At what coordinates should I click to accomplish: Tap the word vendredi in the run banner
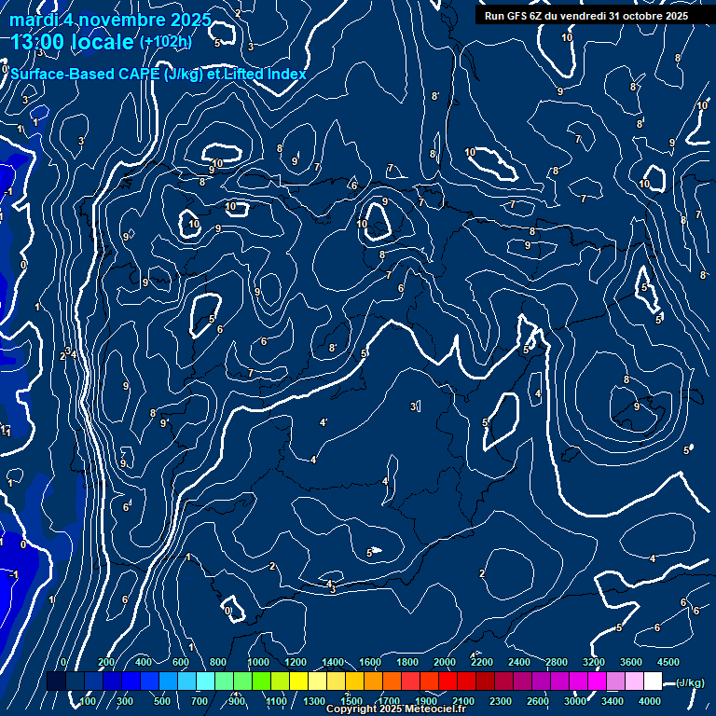(584, 16)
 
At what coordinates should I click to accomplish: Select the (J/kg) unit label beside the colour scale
(689, 683)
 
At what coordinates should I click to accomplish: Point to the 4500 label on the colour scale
(668, 662)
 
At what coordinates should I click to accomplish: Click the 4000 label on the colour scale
(650, 701)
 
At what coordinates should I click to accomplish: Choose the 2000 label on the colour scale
(445, 662)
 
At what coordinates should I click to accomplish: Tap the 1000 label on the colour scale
(258, 662)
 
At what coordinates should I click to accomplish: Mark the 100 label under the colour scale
(89, 701)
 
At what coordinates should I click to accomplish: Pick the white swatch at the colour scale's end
(653, 682)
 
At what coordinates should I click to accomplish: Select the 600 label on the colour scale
(181, 662)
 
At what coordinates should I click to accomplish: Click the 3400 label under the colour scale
(613, 701)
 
